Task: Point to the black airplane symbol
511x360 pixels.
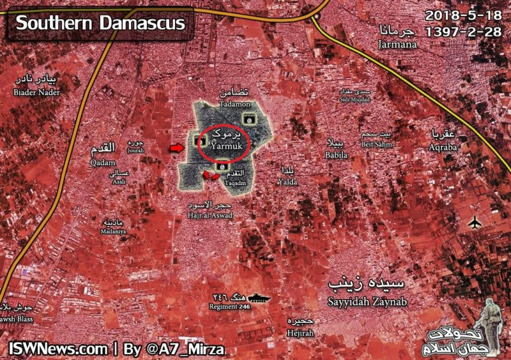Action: tap(475, 222)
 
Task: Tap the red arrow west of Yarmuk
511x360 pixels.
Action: tap(176, 146)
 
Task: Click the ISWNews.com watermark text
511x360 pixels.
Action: tap(57, 348)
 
